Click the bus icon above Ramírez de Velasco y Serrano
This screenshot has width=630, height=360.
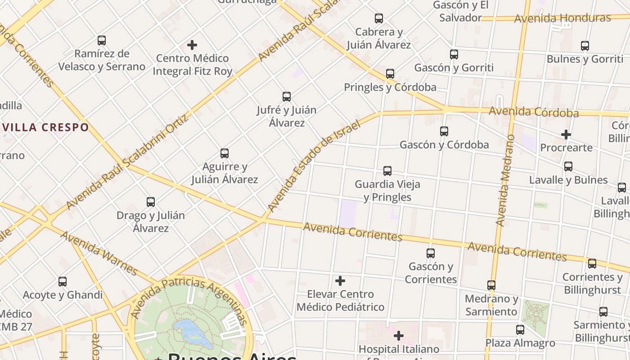102,40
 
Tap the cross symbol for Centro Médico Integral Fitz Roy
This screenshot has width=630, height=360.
192,45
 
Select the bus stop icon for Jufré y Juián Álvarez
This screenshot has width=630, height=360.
286,97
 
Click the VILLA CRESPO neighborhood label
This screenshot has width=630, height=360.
45,127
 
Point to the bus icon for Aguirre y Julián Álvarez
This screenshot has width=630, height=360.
225,153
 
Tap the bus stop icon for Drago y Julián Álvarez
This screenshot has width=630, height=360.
151,202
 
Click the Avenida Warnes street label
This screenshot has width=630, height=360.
99,253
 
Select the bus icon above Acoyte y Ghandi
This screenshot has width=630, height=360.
63,282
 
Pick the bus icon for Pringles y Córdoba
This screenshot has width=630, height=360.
390,74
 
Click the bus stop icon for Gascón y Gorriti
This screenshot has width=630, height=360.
454,54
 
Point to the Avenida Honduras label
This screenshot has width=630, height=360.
562,18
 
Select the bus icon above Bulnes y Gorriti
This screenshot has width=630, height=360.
585,46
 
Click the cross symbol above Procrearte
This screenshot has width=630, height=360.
566,135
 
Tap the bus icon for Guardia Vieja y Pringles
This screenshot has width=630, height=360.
387,171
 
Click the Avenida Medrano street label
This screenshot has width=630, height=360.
504,180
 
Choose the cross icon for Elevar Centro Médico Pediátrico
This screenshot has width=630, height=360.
340,281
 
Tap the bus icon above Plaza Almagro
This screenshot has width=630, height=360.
520,330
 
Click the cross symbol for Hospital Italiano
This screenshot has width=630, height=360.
398,336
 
